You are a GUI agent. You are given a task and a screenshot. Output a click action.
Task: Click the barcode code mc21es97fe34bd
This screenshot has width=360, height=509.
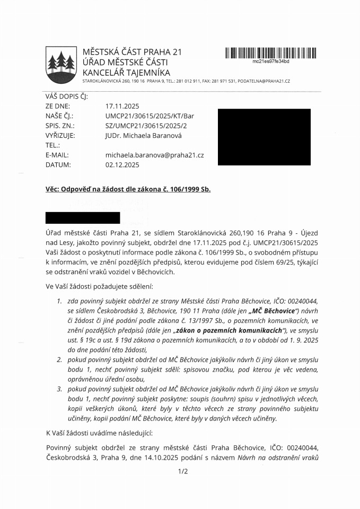tap(270, 62)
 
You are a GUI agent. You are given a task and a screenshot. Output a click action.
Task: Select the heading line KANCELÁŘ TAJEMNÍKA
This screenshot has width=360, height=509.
tap(126, 72)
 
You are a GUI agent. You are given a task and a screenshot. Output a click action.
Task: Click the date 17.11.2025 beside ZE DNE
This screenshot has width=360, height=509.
tap(122, 106)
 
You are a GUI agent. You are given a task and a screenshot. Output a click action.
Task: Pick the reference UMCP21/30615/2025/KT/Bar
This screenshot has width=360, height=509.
tap(151, 116)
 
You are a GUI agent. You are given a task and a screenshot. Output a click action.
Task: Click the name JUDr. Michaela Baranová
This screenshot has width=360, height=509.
tap(143, 135)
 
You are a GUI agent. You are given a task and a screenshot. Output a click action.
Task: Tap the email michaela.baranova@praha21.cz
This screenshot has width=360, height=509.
tap(155, 155)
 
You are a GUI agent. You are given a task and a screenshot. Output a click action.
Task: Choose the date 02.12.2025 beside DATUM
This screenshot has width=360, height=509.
tap(122, 165)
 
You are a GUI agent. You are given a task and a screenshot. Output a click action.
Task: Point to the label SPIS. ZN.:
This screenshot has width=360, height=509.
tap(60, 126)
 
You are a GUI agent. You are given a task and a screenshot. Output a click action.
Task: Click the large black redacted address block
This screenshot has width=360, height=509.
tap(264, 137)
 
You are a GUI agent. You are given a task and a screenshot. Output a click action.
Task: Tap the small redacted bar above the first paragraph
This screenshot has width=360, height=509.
tap(83, 217)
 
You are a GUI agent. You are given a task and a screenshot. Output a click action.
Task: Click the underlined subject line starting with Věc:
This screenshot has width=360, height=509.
tap(127, 189)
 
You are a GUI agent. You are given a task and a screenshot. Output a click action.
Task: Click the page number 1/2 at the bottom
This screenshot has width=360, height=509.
tap(183, 471)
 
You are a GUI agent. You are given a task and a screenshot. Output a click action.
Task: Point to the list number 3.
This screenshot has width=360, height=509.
tap(59, 389)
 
